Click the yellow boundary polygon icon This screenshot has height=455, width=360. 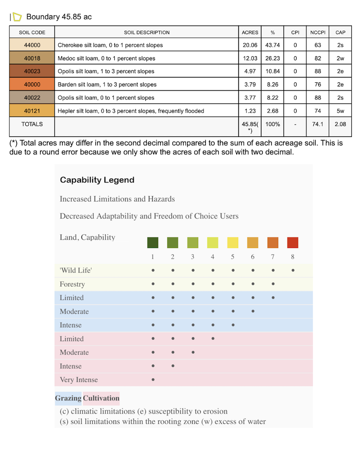click(x=17, y=17)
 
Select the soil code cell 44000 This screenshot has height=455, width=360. click(x=32, y=45)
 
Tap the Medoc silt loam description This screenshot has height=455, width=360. click(x=106, y=58)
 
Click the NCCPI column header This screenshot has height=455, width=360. click(x=317, y=32)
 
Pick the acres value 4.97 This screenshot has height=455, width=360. click(x=250, y=71)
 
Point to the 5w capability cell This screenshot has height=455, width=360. click(x=340, y=111)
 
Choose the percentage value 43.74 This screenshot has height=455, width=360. click(x=273, y=45)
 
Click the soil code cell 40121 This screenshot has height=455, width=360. click(x=32, y=111)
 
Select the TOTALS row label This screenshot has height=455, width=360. click(x=32, y=124)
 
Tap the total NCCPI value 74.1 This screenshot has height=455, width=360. click(x=317, y=124)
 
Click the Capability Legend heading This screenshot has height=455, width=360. click(x=97, y=180)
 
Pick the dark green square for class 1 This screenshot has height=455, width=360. click(x=153, y=243)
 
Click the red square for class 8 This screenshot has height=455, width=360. click(x=292, y=243)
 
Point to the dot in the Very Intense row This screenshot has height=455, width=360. click(x=153, y=380)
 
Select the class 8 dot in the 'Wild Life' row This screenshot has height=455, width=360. click(x=293, y=270)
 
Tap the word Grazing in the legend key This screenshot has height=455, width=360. click(x=68, y=398)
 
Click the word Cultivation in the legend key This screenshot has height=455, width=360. click(x=101, y=398)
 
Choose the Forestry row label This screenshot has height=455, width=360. click(x=72, y=284)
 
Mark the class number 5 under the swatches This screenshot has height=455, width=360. click(x=233, y=257)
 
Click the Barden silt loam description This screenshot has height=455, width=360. click(x=107, y=85)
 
